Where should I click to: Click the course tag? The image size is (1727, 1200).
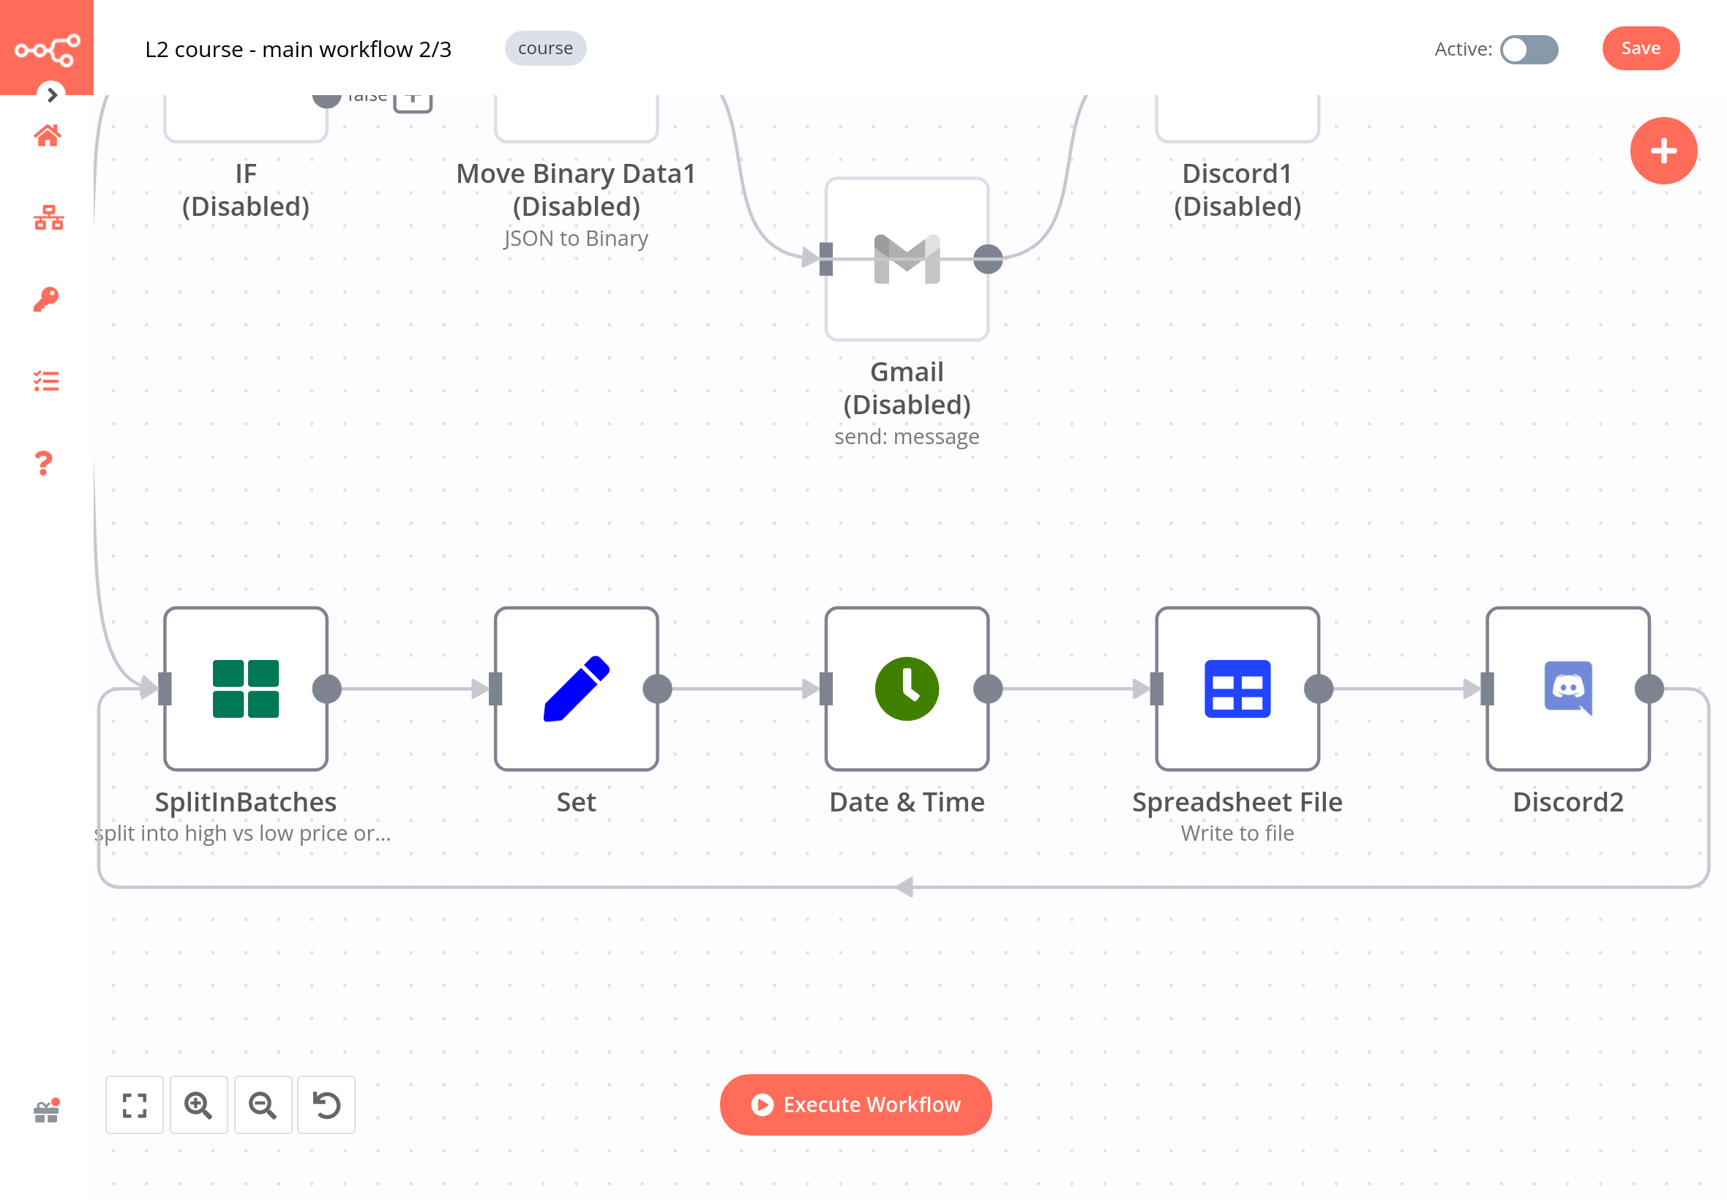pos(545,49)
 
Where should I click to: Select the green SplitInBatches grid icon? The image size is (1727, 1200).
pos(246,689)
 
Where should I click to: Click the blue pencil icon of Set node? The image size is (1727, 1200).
pos(576,689)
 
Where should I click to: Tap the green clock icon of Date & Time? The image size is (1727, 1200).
pos(906,689)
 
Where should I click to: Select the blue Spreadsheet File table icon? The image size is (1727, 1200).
pos(1237,689)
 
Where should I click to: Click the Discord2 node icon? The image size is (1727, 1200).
pos(1567,689)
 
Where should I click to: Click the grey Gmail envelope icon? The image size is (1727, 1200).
pos(906,260)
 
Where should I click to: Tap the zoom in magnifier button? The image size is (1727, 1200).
pos(198,1104)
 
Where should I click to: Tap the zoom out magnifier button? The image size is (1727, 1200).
pos(263,1104)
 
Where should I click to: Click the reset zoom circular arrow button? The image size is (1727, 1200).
pos(326,1104)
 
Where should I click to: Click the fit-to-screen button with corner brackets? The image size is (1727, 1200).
pos(135,1104)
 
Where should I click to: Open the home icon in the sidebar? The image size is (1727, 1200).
pos(47,136)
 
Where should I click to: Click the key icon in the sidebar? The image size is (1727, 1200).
pos(46,299)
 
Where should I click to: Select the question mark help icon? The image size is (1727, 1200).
pos(45,463)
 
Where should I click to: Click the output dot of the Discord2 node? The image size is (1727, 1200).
pos(1648,689)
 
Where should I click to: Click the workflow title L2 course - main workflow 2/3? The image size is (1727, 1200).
pos(298,50)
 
